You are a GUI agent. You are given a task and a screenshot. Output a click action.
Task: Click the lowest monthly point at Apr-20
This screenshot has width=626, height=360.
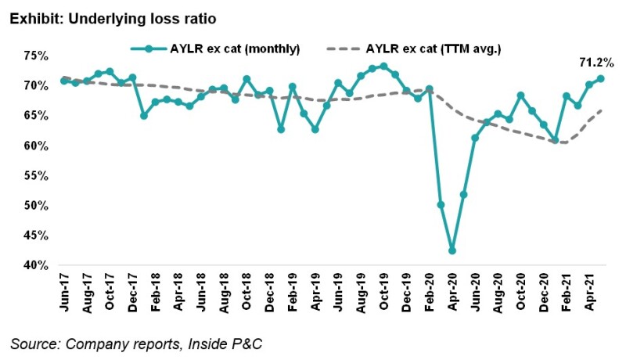[452, 250]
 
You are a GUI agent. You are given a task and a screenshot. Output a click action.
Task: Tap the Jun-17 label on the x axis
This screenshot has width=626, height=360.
[65, 292]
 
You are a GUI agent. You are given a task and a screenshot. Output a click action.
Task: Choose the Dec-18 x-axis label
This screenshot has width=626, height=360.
[270, 292]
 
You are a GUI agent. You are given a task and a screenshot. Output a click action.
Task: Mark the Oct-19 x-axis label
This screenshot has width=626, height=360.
[383, 292]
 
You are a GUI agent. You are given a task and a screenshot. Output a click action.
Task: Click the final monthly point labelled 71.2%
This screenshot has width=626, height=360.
[601, 78]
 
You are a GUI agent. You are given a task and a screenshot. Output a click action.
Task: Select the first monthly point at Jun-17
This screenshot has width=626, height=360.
[64, 81]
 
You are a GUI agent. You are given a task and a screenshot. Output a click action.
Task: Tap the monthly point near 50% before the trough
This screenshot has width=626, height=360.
[441, 205]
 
